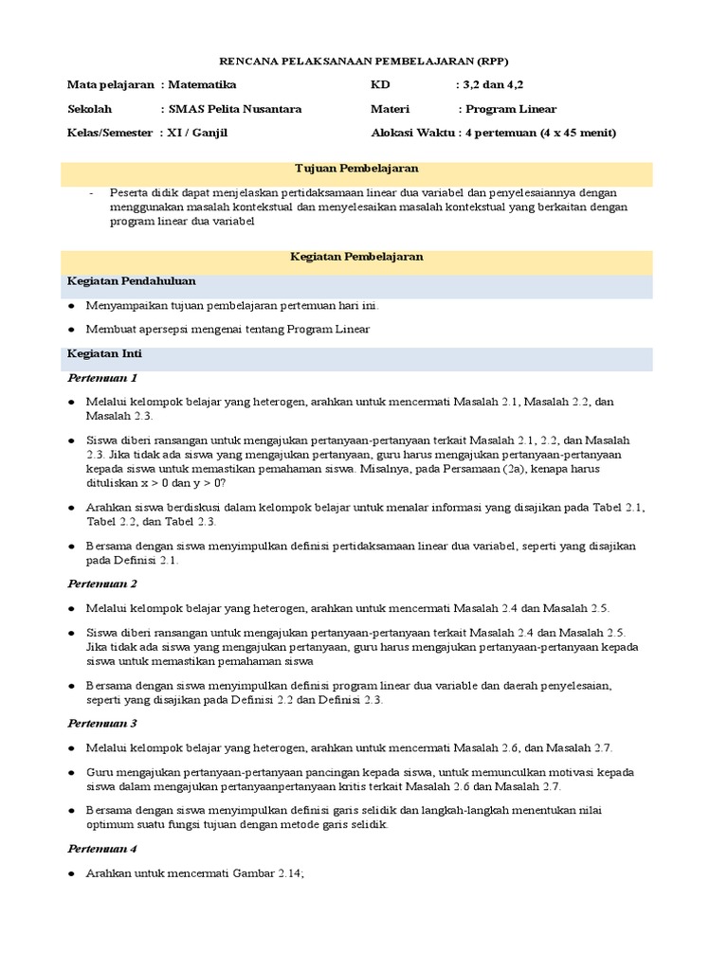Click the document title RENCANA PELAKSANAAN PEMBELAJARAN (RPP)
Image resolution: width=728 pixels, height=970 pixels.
pos(363,59)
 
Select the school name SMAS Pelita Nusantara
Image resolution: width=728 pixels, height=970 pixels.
pos(234,109)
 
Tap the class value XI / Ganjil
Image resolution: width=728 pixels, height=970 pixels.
pos(197,133)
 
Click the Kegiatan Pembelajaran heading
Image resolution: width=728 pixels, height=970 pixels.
pos(356,257)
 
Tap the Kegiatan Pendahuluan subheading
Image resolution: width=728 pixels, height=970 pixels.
pos(132,281)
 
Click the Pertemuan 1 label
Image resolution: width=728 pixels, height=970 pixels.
pos(101,378)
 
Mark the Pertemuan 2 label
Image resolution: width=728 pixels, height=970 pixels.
pos(101,584)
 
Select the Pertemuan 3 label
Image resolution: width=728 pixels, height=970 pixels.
pos(101,722)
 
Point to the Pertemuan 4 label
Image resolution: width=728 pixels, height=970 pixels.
pos(101,849)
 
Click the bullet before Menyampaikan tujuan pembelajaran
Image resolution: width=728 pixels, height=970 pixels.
pos(71,307)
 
